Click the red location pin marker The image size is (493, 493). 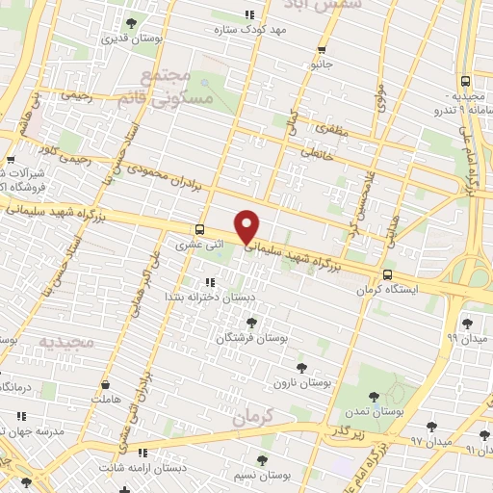247,226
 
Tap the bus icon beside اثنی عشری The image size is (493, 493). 199,229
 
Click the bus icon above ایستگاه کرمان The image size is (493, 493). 387,274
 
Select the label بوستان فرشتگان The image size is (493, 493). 251,339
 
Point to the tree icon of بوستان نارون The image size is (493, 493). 301,367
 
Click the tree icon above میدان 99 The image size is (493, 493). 467,324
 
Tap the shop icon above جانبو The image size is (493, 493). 322,50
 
